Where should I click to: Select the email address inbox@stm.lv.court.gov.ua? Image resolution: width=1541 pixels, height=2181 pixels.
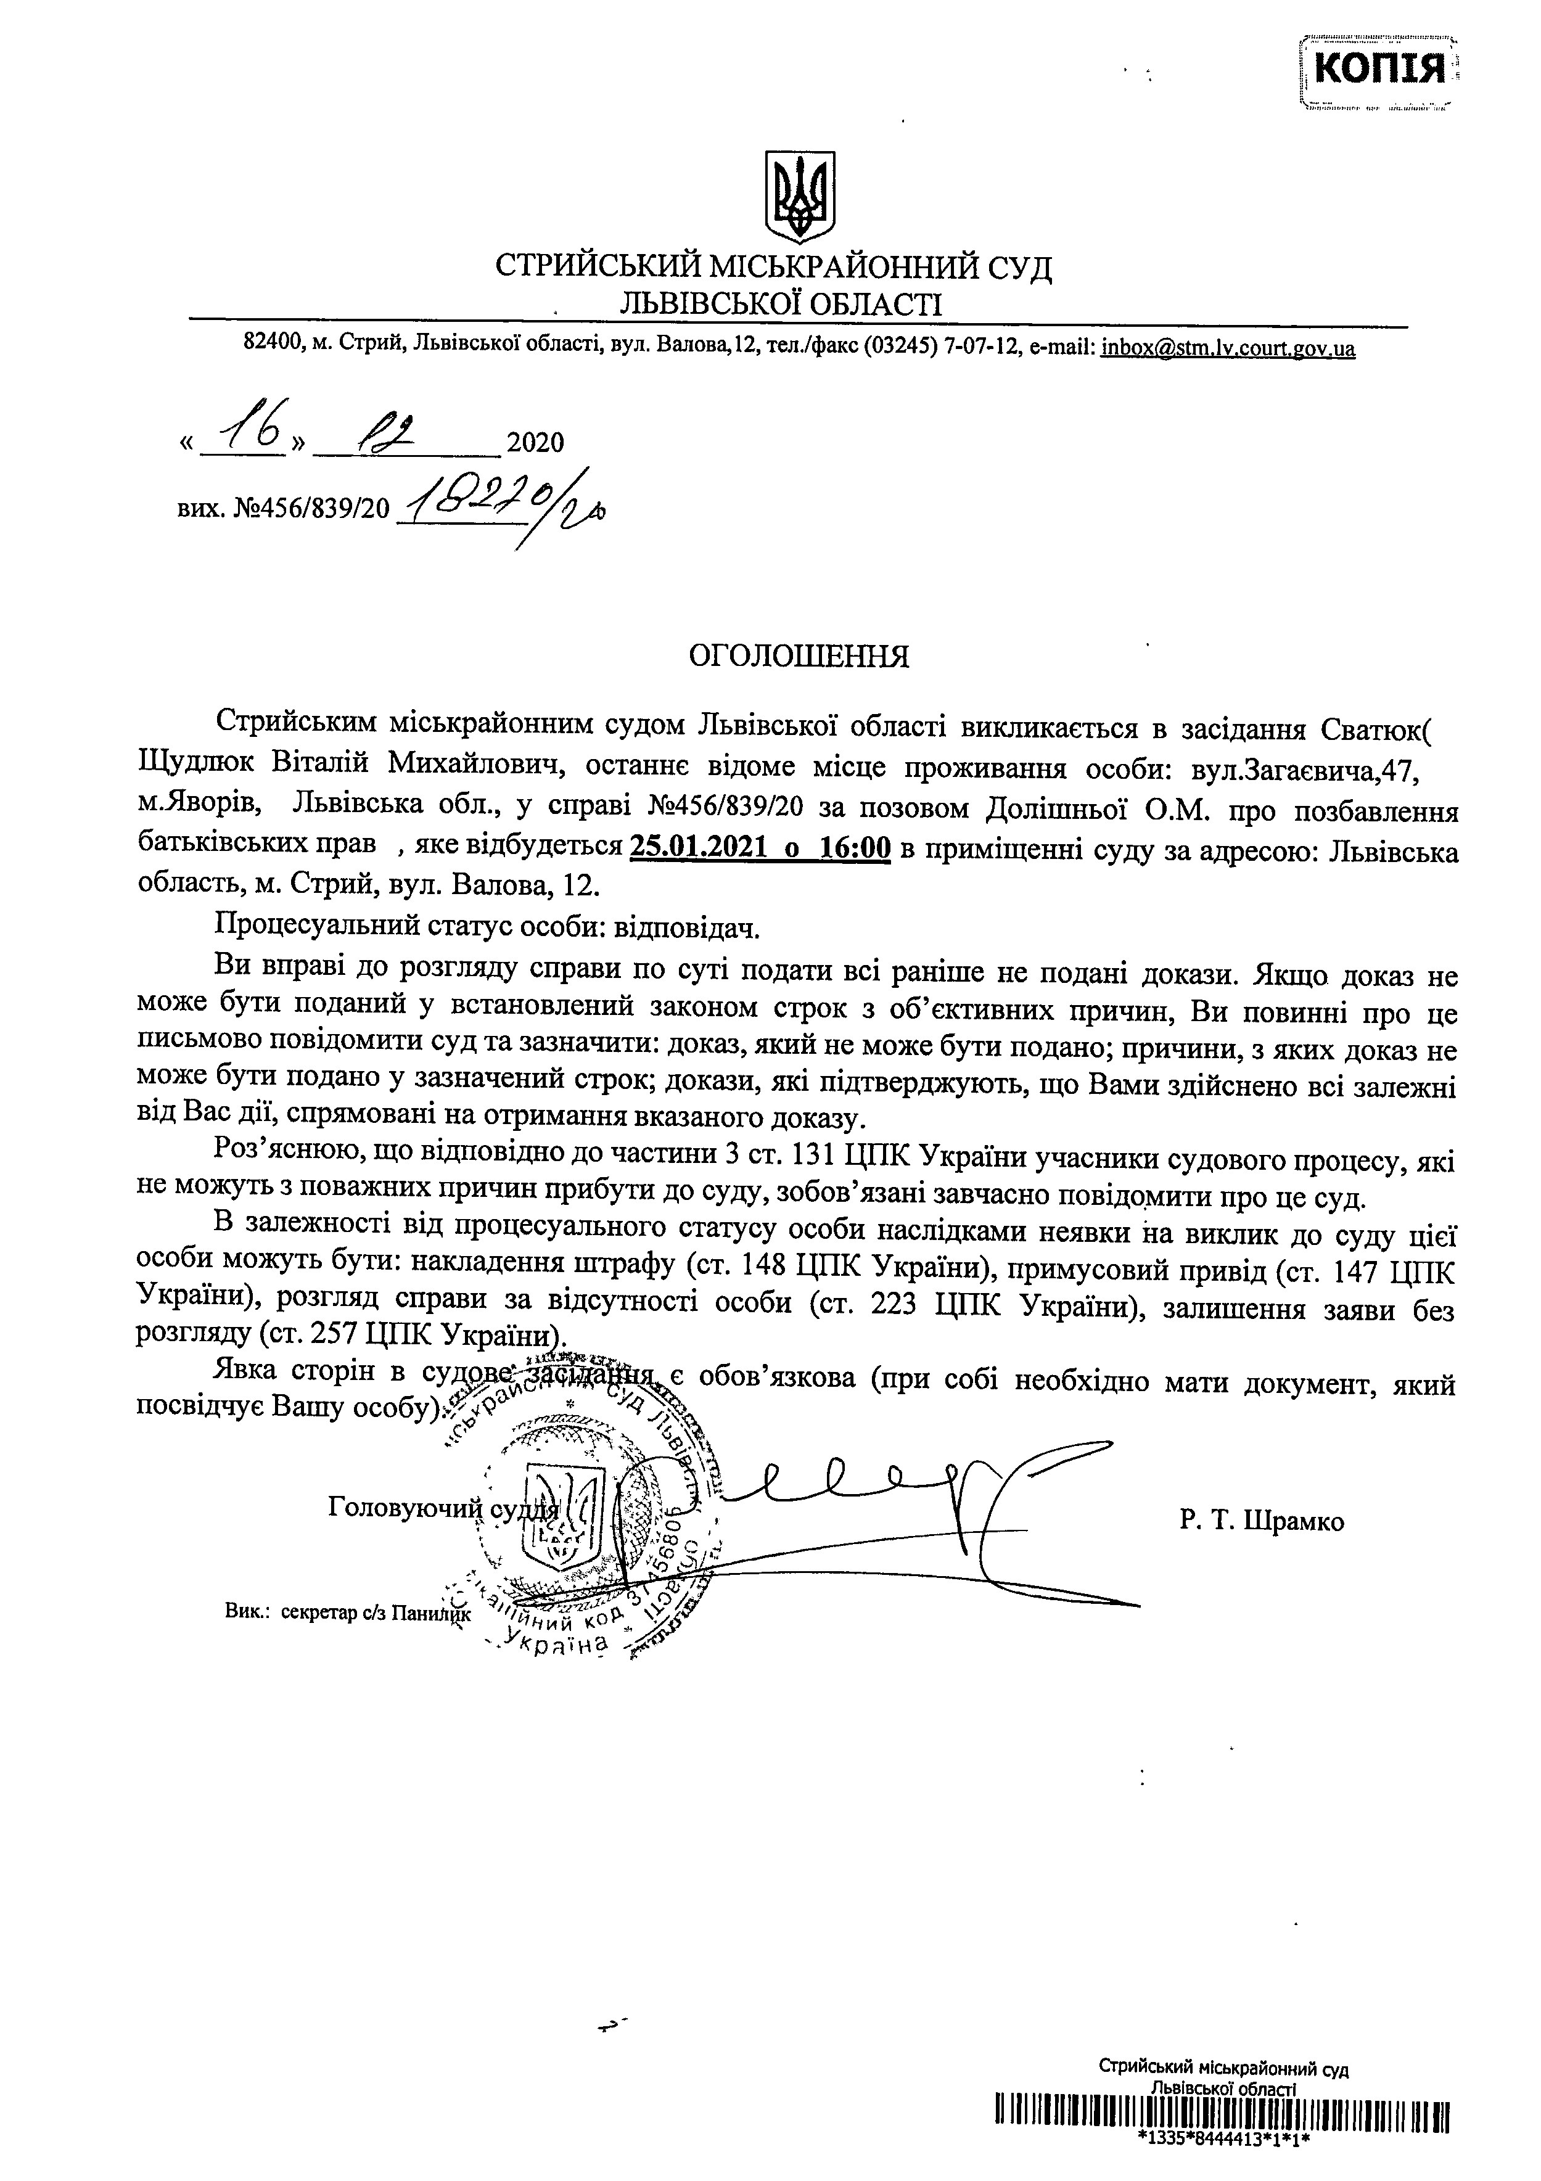(x=1228, y=348)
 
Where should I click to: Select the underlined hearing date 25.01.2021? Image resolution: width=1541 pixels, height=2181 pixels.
(x=697, y=847)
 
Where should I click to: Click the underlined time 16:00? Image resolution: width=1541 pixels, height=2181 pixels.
(x=854, y=847)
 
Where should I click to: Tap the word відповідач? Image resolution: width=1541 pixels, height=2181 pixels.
(x=689, y=925)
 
